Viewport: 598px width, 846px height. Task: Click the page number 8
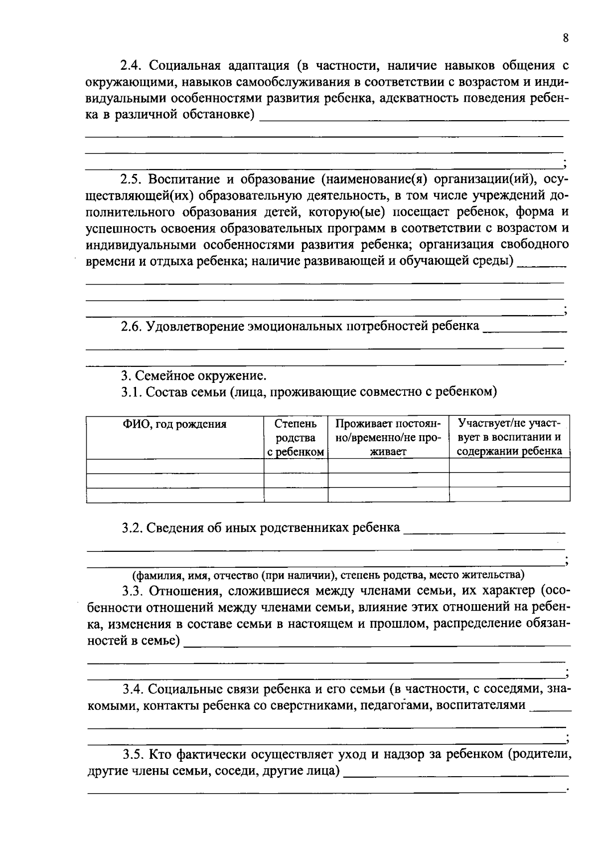pyautogui.click(x=565, y=38)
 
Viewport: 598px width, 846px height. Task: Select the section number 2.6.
pyautogui.click(x=132, y=327)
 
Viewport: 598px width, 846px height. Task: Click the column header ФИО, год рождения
pyautogui.click(x=174, y=424)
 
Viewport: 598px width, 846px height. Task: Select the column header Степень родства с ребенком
pyautogui.click(x=296, y=438)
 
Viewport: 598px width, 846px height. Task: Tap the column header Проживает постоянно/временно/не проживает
pyautogui.click(x=388, y=438)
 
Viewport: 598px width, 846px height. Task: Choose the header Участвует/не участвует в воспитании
pyautogui.click(x=509, y=438)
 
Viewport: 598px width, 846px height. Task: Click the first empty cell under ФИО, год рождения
pyautogui.click(x=174, y=466)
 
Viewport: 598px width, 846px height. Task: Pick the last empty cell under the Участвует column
pyautogui.click(x=509, y=495)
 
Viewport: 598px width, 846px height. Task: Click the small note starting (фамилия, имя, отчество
pyautogui.click(x=328, y=575)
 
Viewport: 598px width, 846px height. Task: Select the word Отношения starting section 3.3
pyautogui.click(x=184, y=592)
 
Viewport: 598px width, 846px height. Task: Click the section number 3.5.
pyautogui.click(x=133, y=754)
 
